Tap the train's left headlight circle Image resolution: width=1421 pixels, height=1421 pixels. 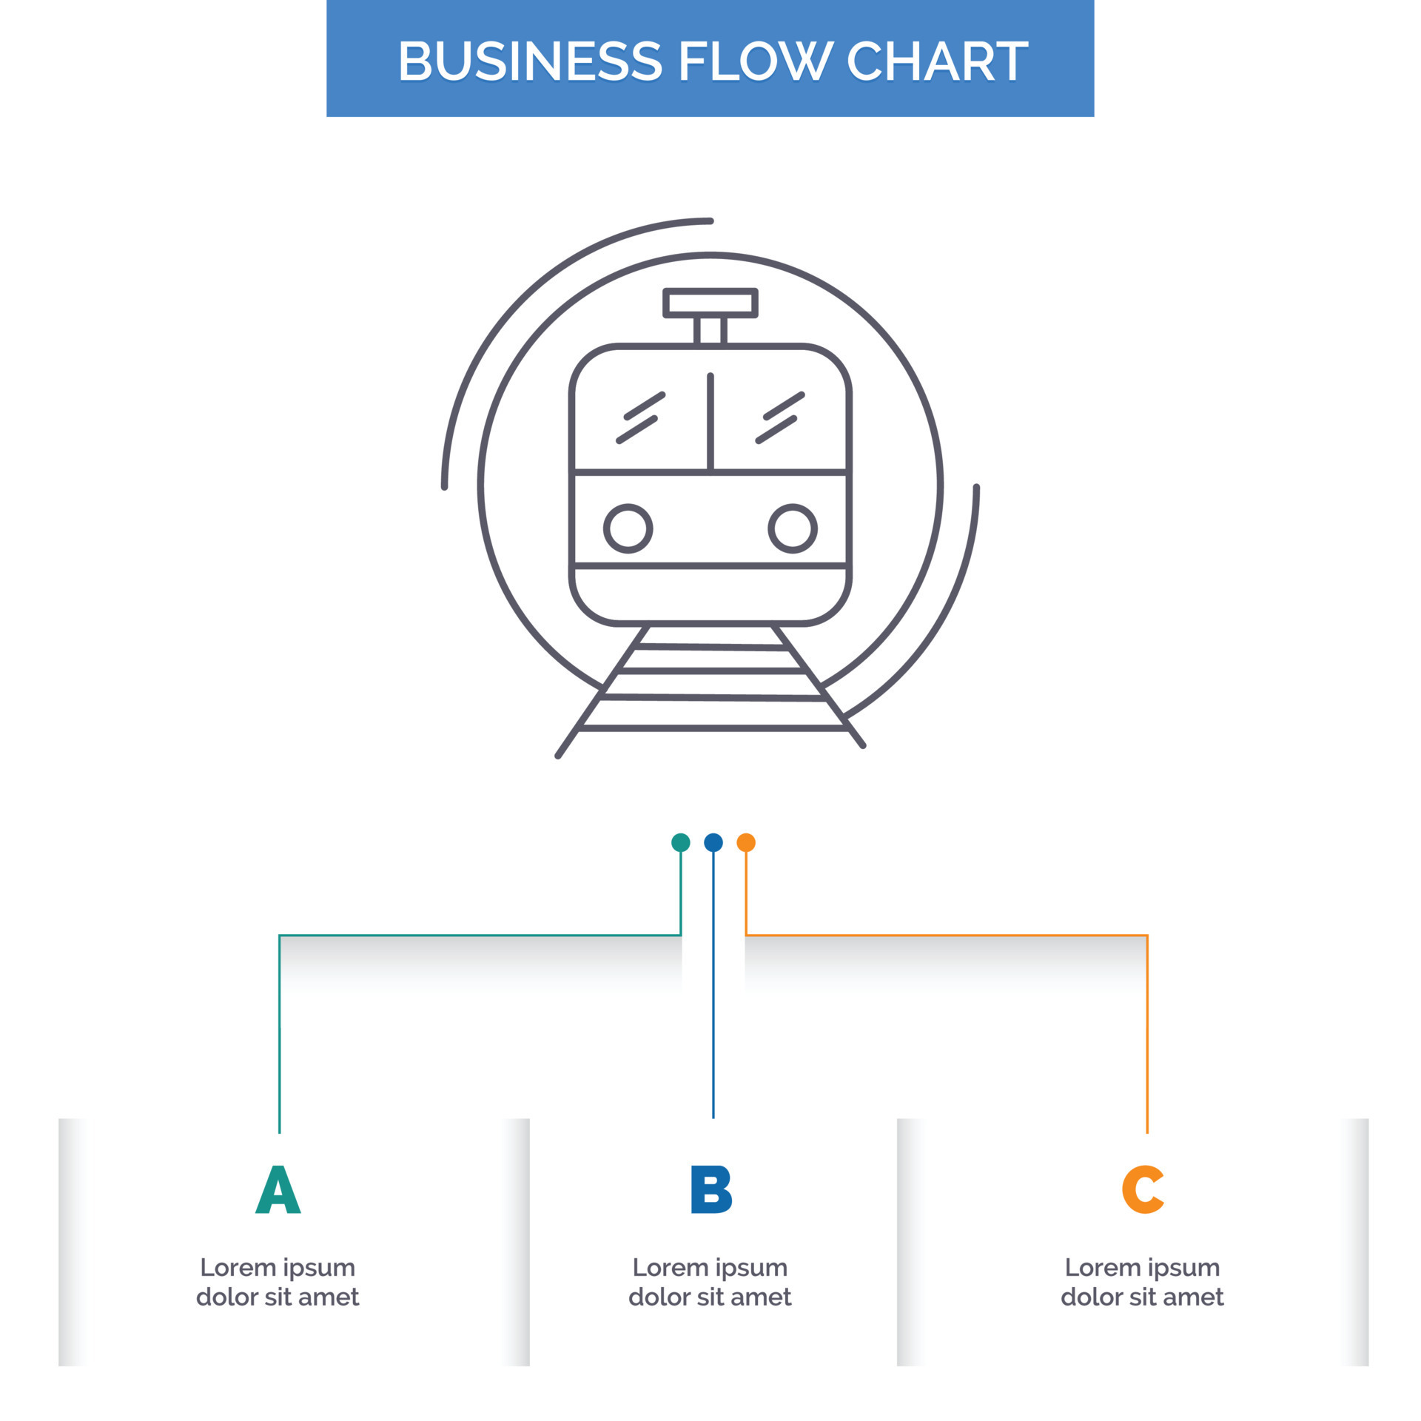pos(628,528)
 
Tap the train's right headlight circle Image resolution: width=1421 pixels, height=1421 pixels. pos(792,528)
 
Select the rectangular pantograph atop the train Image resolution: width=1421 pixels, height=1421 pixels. pos(710,303)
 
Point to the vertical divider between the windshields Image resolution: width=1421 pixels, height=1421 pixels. pos(710,422)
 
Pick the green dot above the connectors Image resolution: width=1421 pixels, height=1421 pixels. pos(680,842)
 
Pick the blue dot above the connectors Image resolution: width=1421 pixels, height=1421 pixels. pos(713,842)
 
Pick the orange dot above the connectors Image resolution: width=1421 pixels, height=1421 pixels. pos(746,842)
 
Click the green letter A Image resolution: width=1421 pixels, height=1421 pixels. pos(278,1189)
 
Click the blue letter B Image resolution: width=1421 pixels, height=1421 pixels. pos(710,1189)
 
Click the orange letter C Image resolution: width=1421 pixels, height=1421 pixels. pos(1143,1189)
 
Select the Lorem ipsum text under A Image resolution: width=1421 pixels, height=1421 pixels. pos(278,1282)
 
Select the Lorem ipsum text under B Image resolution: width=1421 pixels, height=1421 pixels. pos(710,1282)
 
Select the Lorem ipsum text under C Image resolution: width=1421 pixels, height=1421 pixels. pos(1142,1282)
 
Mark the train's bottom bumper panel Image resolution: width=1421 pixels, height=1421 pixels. pos(710,594)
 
